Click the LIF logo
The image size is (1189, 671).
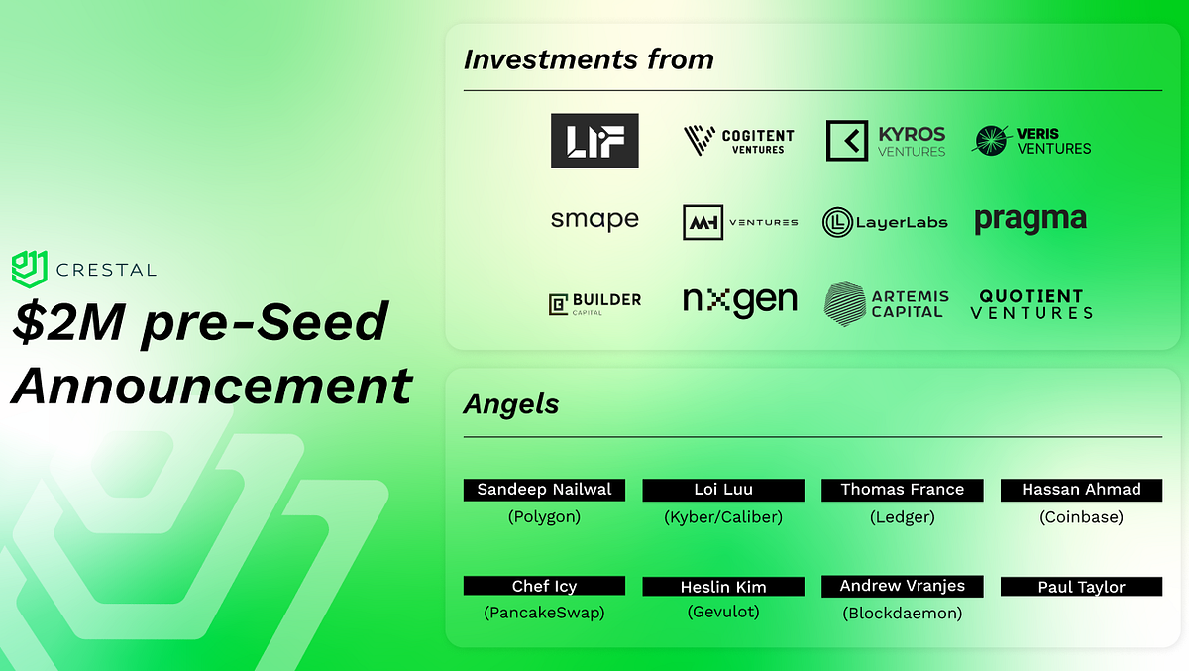pyautogui.click(x=594, y=141)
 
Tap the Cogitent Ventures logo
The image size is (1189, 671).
pyautogui.click(x=739, y=141)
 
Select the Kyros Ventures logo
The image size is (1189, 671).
pyautogui.click(x=886, y=141)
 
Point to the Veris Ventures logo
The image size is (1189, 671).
pyautogui.click(x=1031, y=141)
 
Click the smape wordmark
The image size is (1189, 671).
pyautogui.click(x=594, y=219)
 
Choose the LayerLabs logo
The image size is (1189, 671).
pyautogui.click(x=886, y=222)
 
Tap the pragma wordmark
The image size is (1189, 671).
pyautogui.click(x=1030, y=220)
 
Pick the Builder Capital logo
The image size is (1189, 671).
pyautogui.click(x=594, y=302)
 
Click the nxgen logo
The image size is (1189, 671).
pyautogui.click(x=739, y=301)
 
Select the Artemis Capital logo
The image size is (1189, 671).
pyautogui.click(x=886, y=303)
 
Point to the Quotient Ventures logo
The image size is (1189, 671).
pyautogui.click(x=1031, y=303)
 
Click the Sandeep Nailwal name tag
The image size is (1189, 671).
pyautogui.click(x=544, y=490)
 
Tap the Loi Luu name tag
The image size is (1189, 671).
pyautogui.click(x=723, y=490)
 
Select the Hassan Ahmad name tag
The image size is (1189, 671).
pyautogui.click(x=1081, y=490)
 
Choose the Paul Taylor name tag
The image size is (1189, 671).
pyautogui.click(x=1081, y=587)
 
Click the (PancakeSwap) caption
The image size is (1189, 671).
pyautogui.click(x=544, y=613)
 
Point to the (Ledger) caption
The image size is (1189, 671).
pyautogui.click(x=902, y=516)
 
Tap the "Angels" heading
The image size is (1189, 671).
pyautogui.click(x=511, y=404)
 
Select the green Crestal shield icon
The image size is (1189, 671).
pyautogui.click(x=30, y=268)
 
